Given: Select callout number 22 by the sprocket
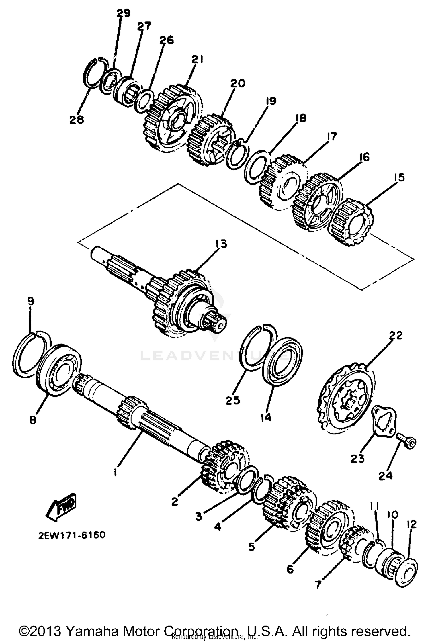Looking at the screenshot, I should [x=396, y=335].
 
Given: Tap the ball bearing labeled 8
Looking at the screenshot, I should [x=59, y=370].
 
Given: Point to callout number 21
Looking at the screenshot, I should [x=197, y=60].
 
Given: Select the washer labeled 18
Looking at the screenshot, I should [x=256, y=168].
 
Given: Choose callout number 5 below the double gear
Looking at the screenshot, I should [x=251, y=547].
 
